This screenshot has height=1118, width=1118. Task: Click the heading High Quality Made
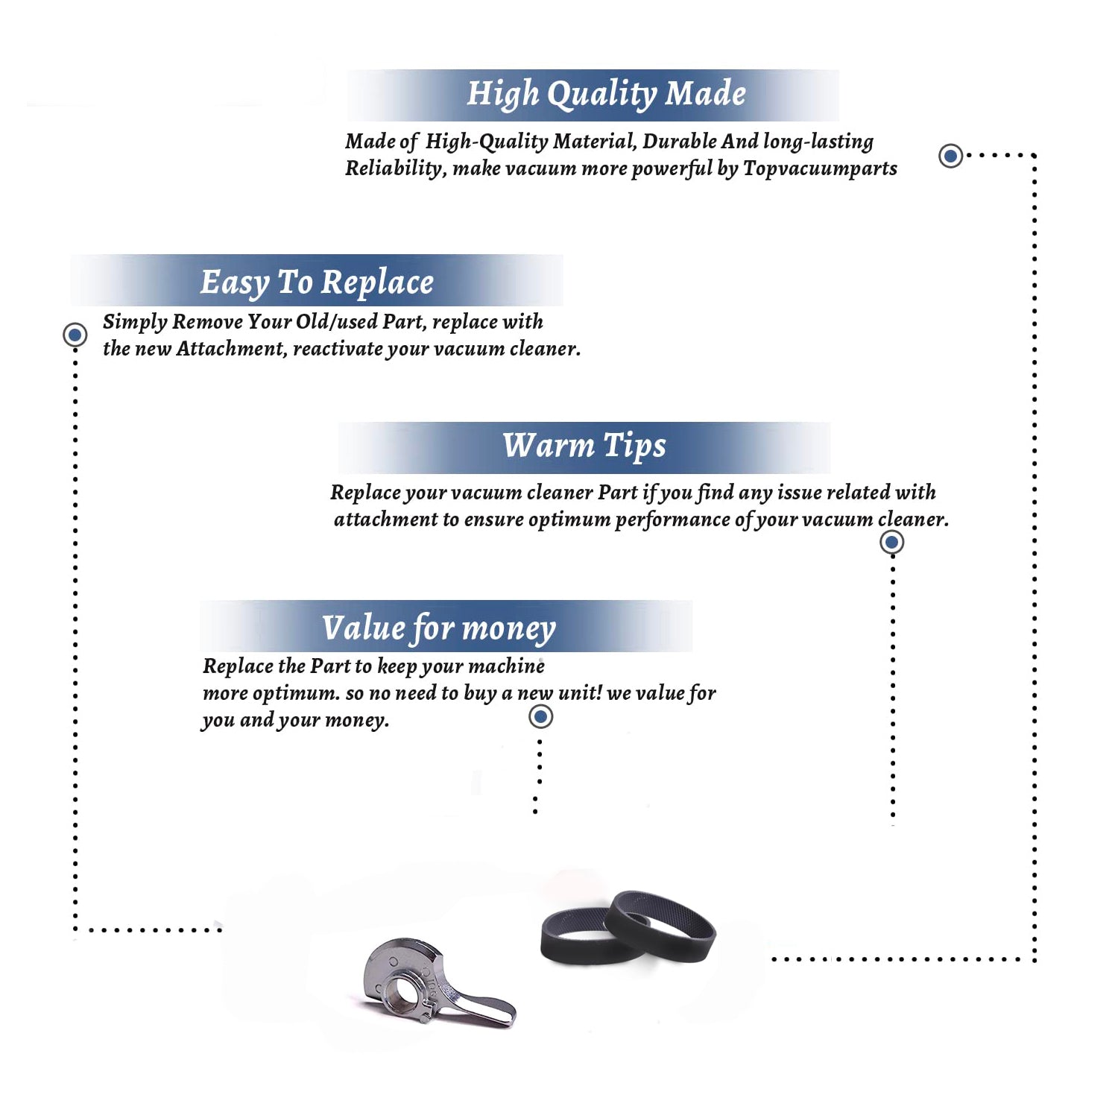coord(606,95)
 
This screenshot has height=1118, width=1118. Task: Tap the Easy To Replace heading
coord(317,283)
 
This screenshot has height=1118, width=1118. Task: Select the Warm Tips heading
coord(584,446)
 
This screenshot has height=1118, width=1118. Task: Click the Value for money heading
coord(439,628)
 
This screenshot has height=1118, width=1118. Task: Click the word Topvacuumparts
coord(820,169)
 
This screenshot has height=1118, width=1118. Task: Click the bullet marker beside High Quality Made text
coord(950,156)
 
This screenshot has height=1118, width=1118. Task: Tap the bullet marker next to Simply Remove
coord(75,335)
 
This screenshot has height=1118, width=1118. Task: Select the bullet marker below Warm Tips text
coord(891,542)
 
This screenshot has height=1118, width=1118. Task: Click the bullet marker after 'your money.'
coord(540,717)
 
